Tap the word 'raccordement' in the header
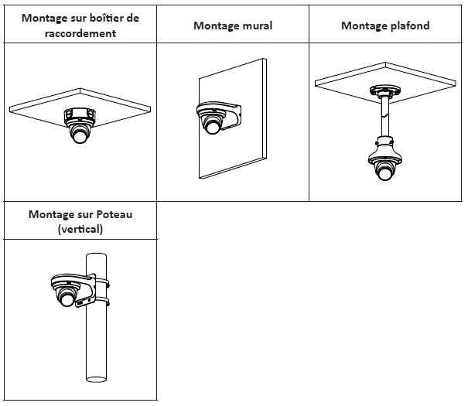[x=80, y=33]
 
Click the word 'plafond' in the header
[x=408, y=26]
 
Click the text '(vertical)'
[x=80, y=230]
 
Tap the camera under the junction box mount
[x=80, y=130]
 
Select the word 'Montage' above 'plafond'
[x=363, y=26]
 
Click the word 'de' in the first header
[x=134, y=18]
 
